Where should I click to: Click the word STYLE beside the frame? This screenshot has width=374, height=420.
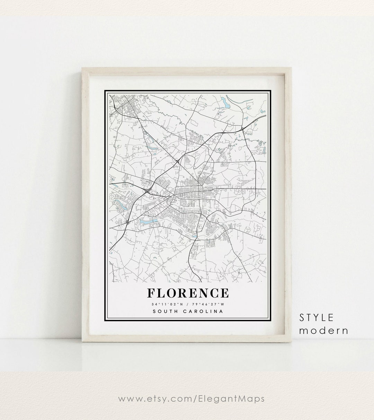(x=317, y=317)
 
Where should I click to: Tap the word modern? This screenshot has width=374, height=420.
(x=324, y=330)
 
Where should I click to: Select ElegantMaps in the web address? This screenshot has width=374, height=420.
(x=234, y=399)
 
